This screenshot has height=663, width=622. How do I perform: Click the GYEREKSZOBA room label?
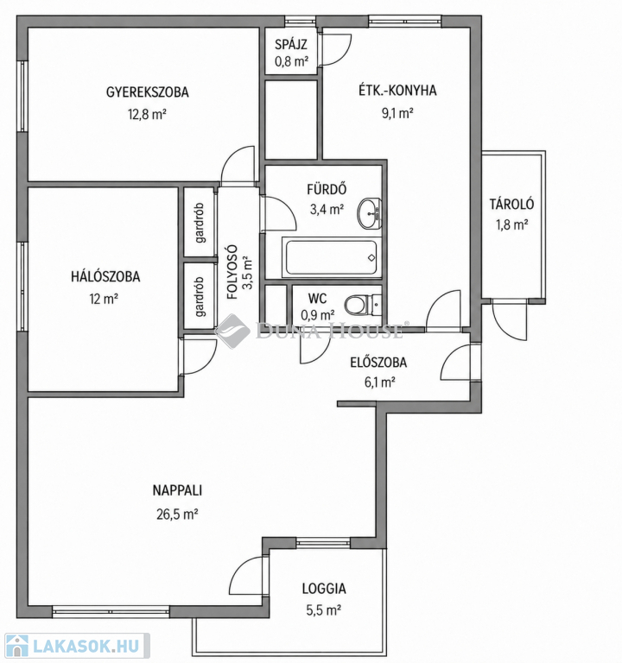click(x=147, y=92)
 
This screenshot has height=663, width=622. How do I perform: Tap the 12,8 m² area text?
click(x=147, y=114)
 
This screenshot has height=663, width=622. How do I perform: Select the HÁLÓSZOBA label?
click(x=105, y=276)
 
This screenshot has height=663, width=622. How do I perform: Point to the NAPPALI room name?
click(x=177, y=490)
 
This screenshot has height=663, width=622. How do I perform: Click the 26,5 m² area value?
click(x=177, y=515)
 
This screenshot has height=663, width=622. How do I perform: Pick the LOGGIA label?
click(x=324, y=589)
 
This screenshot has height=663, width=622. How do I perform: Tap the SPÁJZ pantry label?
click(x=290, y=44)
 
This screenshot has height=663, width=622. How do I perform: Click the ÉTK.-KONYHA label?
click(x=397, y=91)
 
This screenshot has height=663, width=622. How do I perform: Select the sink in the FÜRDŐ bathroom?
click(x=370, y=213)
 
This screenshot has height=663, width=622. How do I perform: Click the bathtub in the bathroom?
click(x=332, y=258)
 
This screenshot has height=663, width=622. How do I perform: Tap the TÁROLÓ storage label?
click(x=512, y=205)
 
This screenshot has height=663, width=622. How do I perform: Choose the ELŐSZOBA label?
click(x=378, y=363)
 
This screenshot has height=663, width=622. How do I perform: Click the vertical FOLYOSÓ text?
click(x=232, y=272)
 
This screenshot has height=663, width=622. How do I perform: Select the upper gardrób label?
click(x=200, y=223)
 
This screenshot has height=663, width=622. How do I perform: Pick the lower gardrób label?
click(x=200, y=297)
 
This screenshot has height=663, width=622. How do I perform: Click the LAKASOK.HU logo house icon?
click(x=16, y=647)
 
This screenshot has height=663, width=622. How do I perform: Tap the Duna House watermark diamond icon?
click(x=232, y=331)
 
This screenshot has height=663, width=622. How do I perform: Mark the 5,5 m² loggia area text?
click(x=324, y=610)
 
